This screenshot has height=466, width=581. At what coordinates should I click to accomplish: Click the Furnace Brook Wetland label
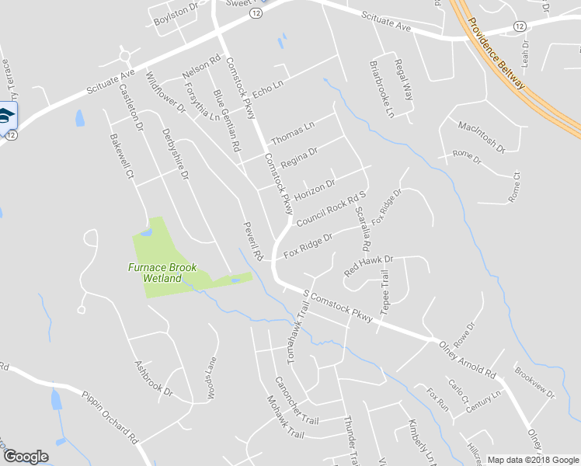coord(162,273)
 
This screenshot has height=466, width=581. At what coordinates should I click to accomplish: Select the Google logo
coord(26,457)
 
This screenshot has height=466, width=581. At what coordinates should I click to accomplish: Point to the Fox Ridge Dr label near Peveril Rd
coord(308,246)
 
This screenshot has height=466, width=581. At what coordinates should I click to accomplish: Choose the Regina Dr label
coord(300,158)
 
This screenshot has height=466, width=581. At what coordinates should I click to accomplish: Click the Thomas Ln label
coord(292,133)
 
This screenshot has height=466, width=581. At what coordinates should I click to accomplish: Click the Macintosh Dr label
coord(482,136)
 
